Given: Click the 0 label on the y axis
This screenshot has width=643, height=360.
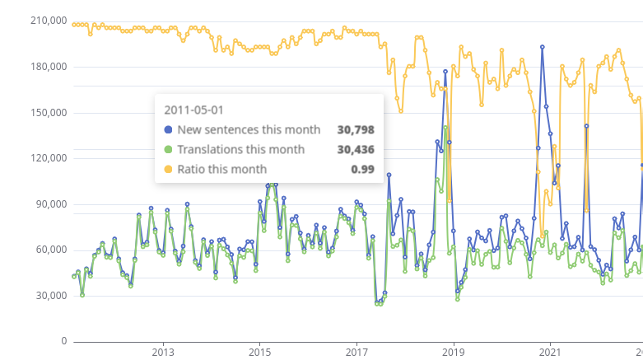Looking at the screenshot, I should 63,341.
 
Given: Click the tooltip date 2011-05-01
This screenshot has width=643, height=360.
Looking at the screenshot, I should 194,109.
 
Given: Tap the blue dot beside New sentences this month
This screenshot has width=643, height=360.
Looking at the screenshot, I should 169,129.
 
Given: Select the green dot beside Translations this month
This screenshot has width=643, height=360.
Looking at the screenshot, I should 169,149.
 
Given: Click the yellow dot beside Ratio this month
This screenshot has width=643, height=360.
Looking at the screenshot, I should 169,169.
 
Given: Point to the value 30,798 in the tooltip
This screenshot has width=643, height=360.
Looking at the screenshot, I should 356,129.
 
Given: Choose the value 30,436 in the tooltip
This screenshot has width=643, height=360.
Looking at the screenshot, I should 356,149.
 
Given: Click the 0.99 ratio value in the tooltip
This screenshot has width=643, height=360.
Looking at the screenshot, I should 363,169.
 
